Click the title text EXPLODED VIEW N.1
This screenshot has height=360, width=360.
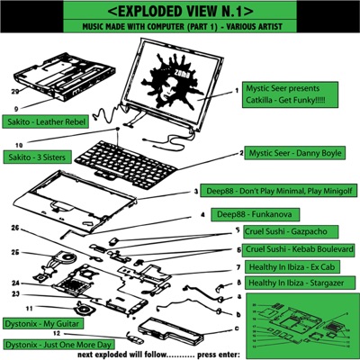click(180, 14)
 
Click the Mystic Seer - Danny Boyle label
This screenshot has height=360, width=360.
click(294, 154)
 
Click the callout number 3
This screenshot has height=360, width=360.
click(195, 193)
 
